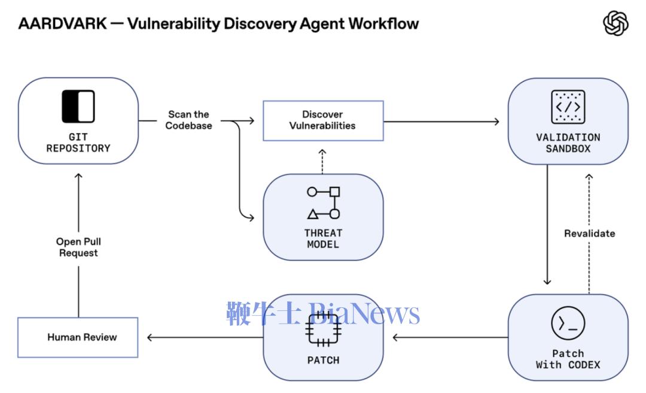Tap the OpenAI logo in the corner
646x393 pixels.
tap(615, 24)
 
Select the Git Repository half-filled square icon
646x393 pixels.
tap(78, 107)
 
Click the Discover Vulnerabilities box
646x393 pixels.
tap(323, 120)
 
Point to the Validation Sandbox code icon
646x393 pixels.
tap(568, 107)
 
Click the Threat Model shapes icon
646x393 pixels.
tap(324, 203)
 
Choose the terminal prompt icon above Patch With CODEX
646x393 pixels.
tap(568, 324)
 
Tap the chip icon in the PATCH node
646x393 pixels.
tap(323, 329)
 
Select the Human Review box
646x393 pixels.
tap(78, 337)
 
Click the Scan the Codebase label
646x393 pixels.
tap(188, 120)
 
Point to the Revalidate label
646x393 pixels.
tap(589, 233)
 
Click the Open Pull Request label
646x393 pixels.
tap(78, 247)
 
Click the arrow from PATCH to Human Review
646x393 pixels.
tap(203, 337)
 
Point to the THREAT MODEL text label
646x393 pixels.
tap(323, 238)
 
